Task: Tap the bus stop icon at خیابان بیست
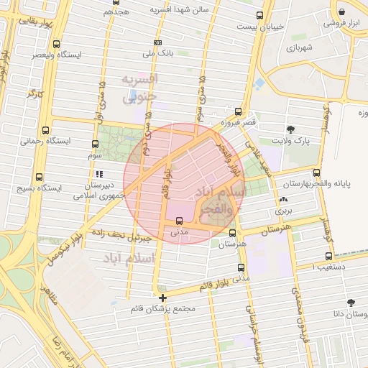coord(259,15)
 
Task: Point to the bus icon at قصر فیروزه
coord(239,111)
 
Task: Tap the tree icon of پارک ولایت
coord(290,130)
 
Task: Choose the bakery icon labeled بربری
coord(283,201)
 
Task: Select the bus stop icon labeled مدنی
coord(179,221)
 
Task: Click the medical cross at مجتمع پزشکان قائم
coord(163,297)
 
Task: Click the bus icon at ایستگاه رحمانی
coord(46,131)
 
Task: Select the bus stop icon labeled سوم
coord(96,144)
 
